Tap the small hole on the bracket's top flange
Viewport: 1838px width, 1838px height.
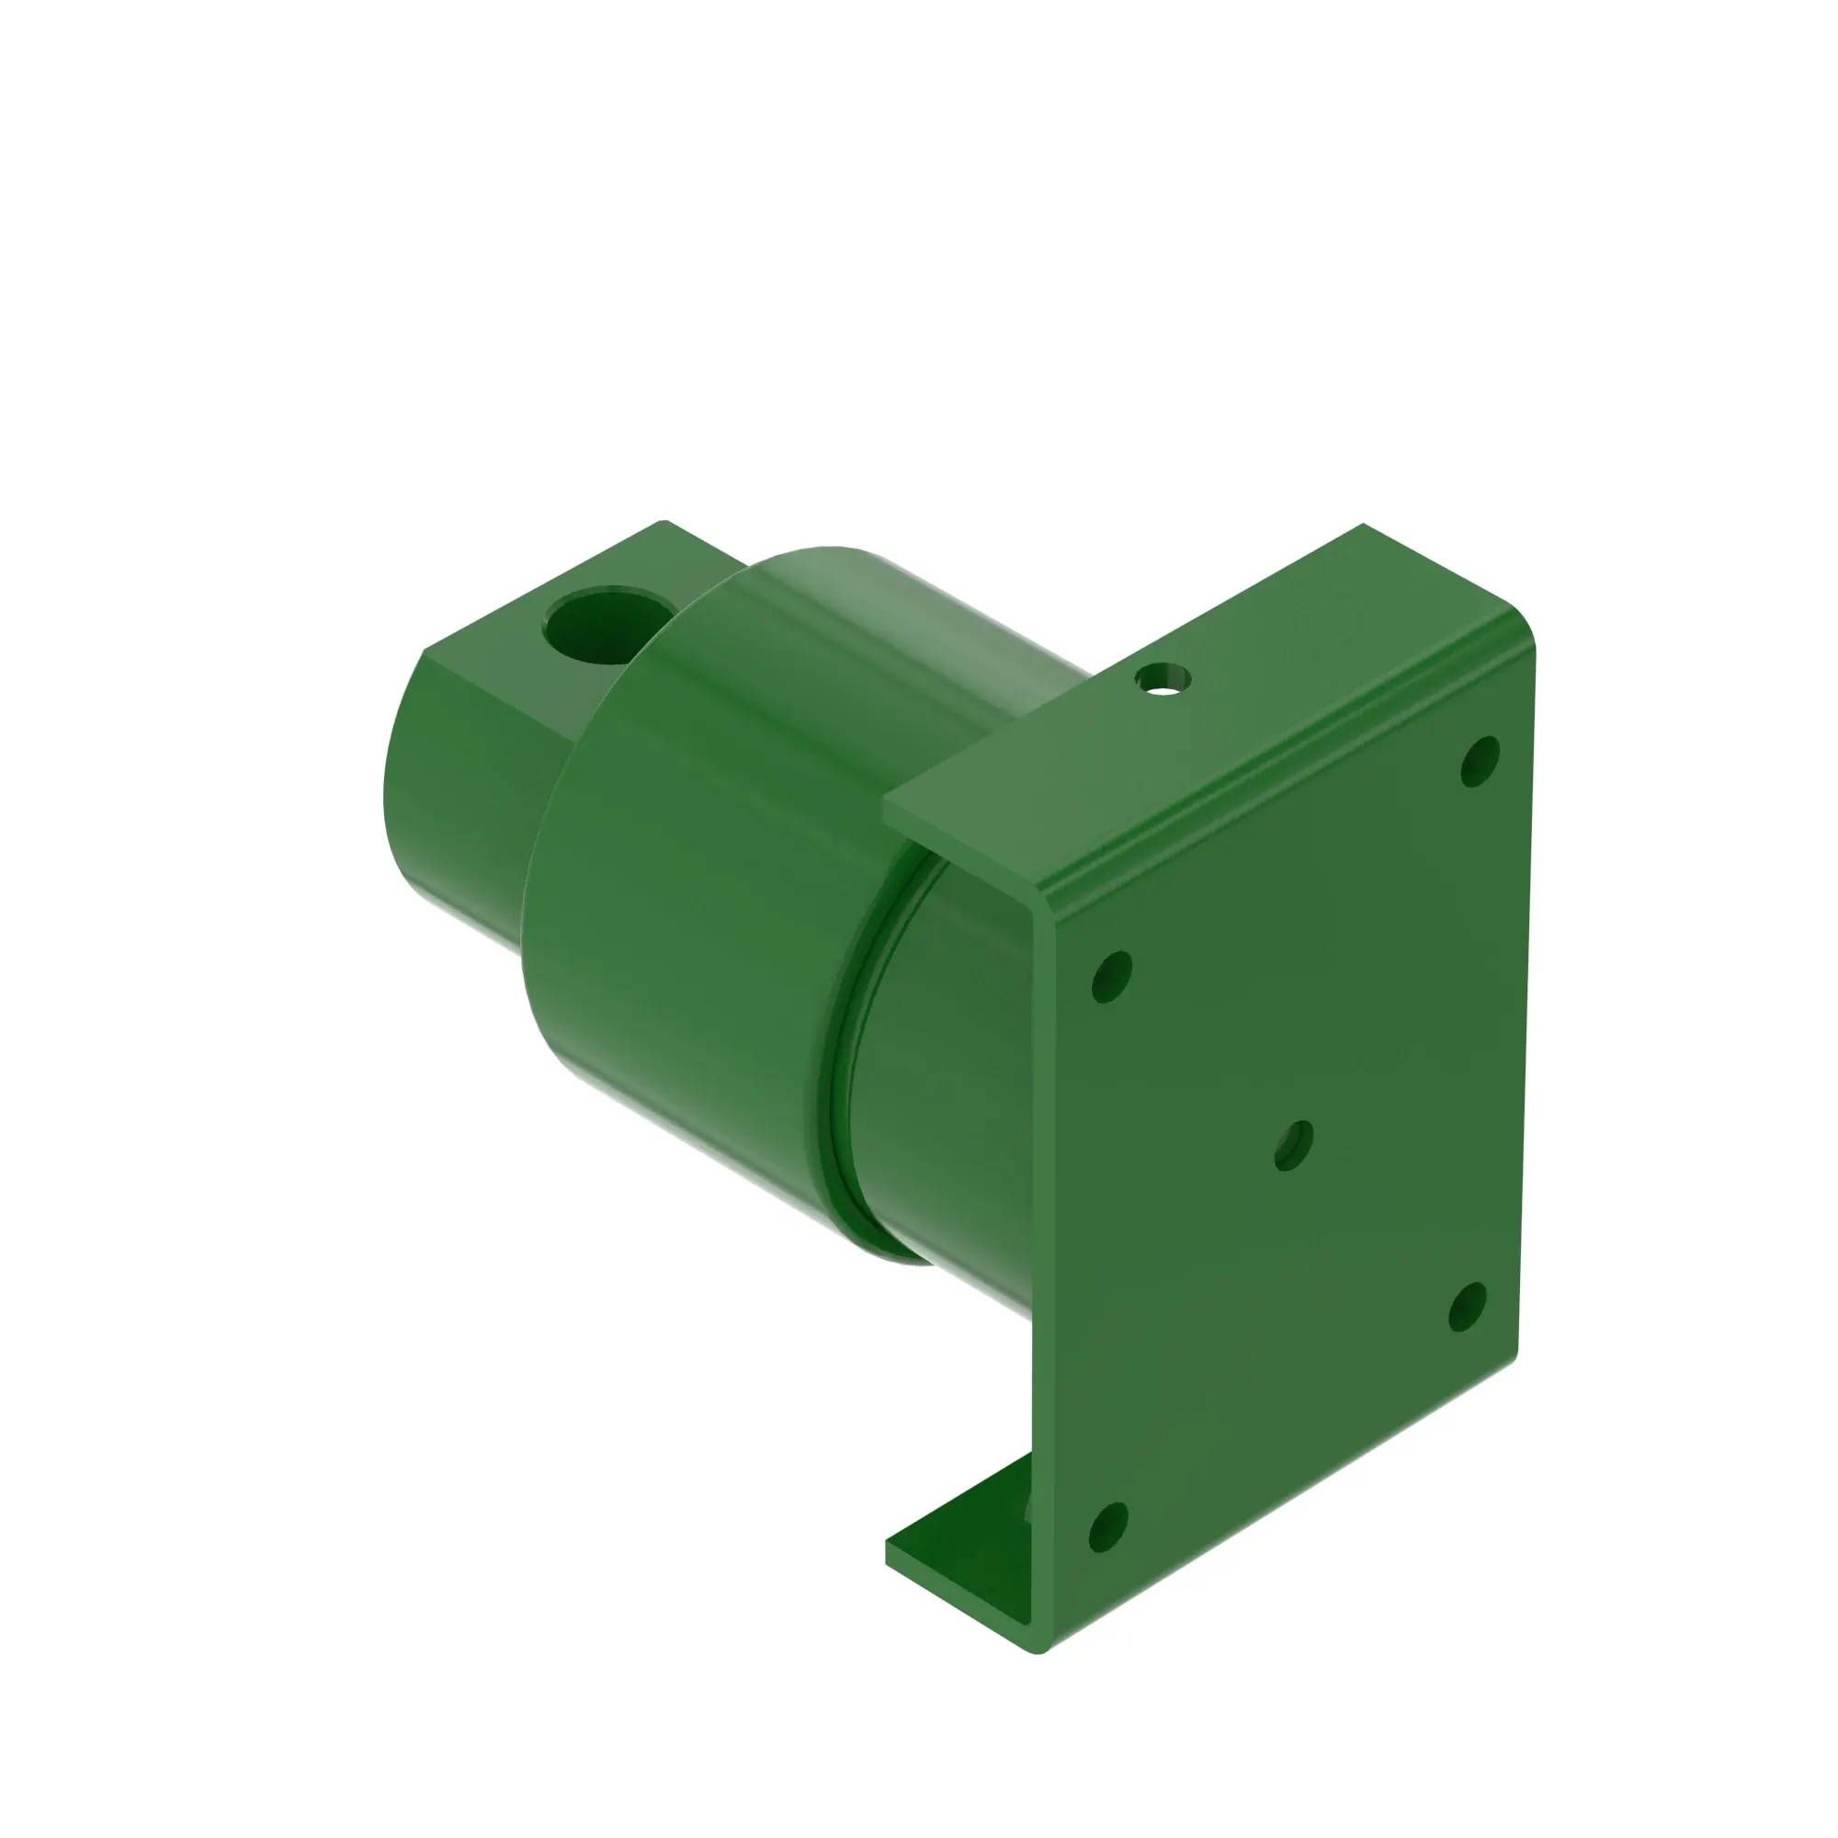click(x=1162, y=679)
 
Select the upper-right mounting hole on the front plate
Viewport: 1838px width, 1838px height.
click(x=1480, y=761)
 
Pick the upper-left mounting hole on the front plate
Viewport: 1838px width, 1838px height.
click(x=1111, y=976)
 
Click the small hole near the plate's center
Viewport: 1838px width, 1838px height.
click(x=1293, y=1145)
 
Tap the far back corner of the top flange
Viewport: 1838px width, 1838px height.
click(x=1363, y=525)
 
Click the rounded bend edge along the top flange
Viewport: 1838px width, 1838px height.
click(x=1285, y=761)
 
